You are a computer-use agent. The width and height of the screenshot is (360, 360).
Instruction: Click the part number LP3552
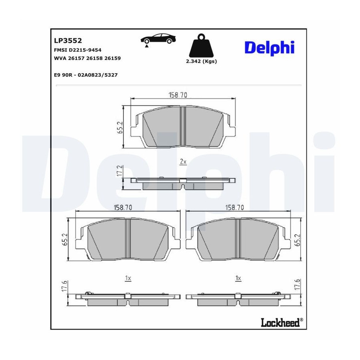click(x=68, y=41)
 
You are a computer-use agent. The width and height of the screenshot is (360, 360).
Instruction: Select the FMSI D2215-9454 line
click(x=78, y=50)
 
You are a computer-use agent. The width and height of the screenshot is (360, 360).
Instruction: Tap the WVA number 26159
click(x=112, y=58)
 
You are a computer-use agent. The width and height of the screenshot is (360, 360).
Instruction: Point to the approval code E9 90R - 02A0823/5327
click(x=86, y=75)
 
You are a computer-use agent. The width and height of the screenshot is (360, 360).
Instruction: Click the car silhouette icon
click(x=158, y=39)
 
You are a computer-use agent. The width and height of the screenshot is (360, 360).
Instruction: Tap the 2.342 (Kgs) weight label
click(x=201, y=61)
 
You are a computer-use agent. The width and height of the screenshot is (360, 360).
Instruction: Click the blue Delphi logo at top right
click(x=270, y=48)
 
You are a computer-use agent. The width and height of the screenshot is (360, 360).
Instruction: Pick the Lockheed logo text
click(x=280, y=322)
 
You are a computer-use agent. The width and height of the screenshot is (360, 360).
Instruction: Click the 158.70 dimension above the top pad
click(x=178, y=94)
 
